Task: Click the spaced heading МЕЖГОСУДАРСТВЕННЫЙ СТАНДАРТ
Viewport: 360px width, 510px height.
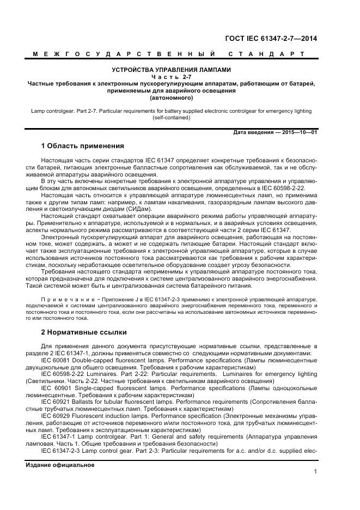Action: (168, 54)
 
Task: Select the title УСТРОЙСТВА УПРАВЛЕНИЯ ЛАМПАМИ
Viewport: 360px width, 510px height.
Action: (172, 70)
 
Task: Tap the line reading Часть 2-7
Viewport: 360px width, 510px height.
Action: (172, 77)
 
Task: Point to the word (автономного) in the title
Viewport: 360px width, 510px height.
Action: (172, 99)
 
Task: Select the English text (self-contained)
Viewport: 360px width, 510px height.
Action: (172, 118)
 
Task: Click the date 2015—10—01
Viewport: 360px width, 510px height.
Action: (298, 133)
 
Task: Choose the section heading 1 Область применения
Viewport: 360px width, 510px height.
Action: (83, 147)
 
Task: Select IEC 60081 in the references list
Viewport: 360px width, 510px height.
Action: (57, 360)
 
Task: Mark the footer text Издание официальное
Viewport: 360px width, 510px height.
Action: (60, 465)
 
